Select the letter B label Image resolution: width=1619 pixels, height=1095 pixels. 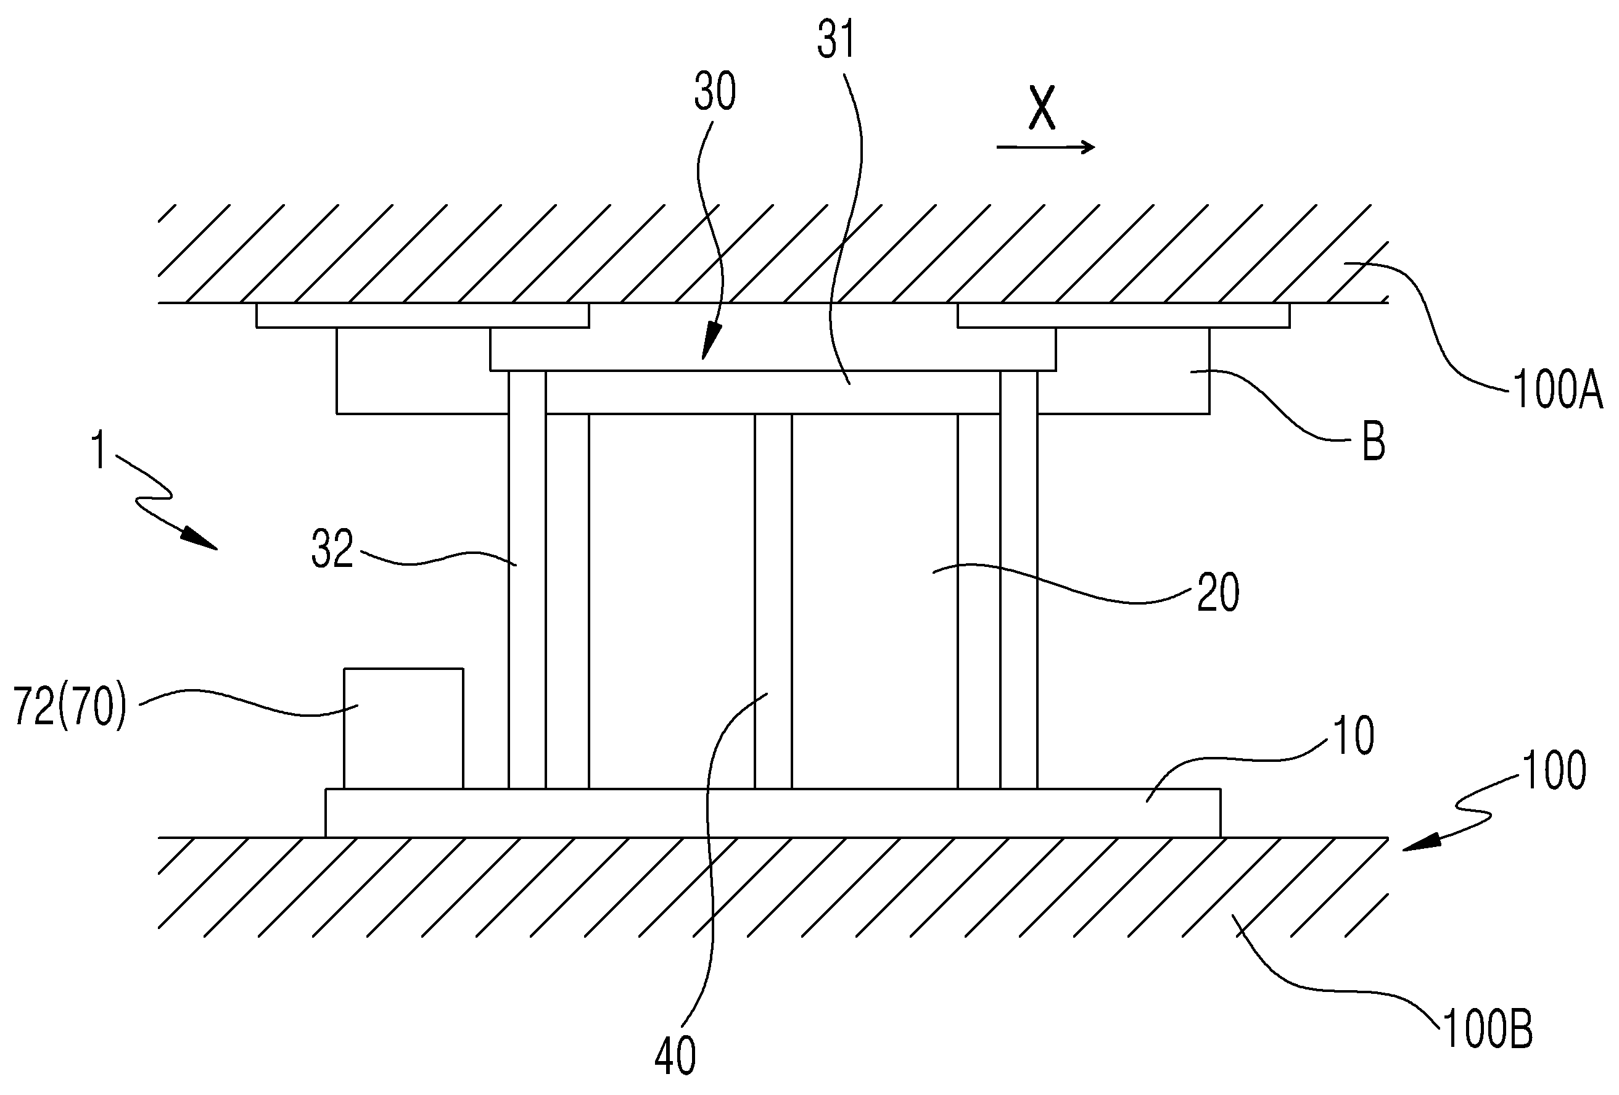click(x=1373, y=442)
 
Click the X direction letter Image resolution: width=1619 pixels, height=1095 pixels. click(x=1042, y=109)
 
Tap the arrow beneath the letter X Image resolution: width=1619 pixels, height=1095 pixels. click(x=1045, y=146)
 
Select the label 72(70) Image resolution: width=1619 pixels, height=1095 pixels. click(x=70, y=708)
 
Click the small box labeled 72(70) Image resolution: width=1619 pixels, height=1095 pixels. click(x=403, y=729)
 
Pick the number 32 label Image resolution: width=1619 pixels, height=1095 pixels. click(x=332, y=549)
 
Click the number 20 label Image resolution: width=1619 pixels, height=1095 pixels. click(x=1217, y=594)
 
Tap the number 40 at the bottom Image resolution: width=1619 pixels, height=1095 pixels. click(x=675, y=1056)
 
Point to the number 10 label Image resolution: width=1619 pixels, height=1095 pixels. click(x=1354, y=736)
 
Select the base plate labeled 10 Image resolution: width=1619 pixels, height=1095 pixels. click(x=773, y=812)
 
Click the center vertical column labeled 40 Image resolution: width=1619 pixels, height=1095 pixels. click(x=773, y=601)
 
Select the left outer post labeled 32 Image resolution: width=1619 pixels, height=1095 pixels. click(x=527, y=580)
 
